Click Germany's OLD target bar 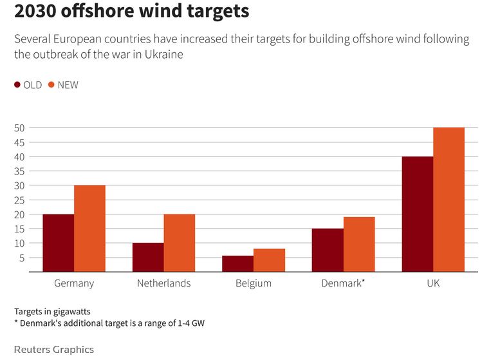59,243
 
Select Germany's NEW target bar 89,229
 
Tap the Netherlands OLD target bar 148,258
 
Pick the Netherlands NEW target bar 180,243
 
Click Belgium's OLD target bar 238,264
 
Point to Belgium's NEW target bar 269,260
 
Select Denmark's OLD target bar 328,250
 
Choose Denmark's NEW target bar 359,245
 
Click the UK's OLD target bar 418,214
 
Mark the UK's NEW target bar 449,200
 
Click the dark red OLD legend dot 17,85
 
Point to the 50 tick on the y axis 19,128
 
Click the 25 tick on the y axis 19,200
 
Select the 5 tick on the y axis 21,258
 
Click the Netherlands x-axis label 163,283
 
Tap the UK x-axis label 433,283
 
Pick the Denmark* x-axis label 343,283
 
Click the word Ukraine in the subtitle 164,55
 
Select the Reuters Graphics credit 53,350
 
